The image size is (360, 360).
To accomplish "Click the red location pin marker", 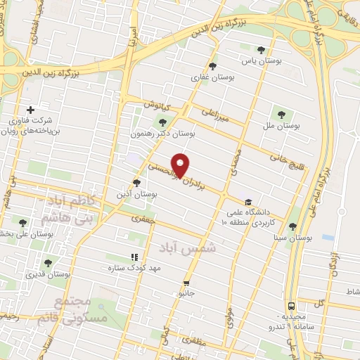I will coord(181,165).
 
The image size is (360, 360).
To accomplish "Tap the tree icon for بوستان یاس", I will coord(262,50).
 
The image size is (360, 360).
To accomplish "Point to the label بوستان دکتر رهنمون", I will coord(162,132).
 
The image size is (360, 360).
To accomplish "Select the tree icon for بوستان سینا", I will coord(292,226).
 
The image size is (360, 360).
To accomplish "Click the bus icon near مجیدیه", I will coord(290,307).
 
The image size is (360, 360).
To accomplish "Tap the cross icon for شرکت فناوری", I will coord(30,110).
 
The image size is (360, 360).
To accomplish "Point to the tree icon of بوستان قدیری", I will coord(48,263).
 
